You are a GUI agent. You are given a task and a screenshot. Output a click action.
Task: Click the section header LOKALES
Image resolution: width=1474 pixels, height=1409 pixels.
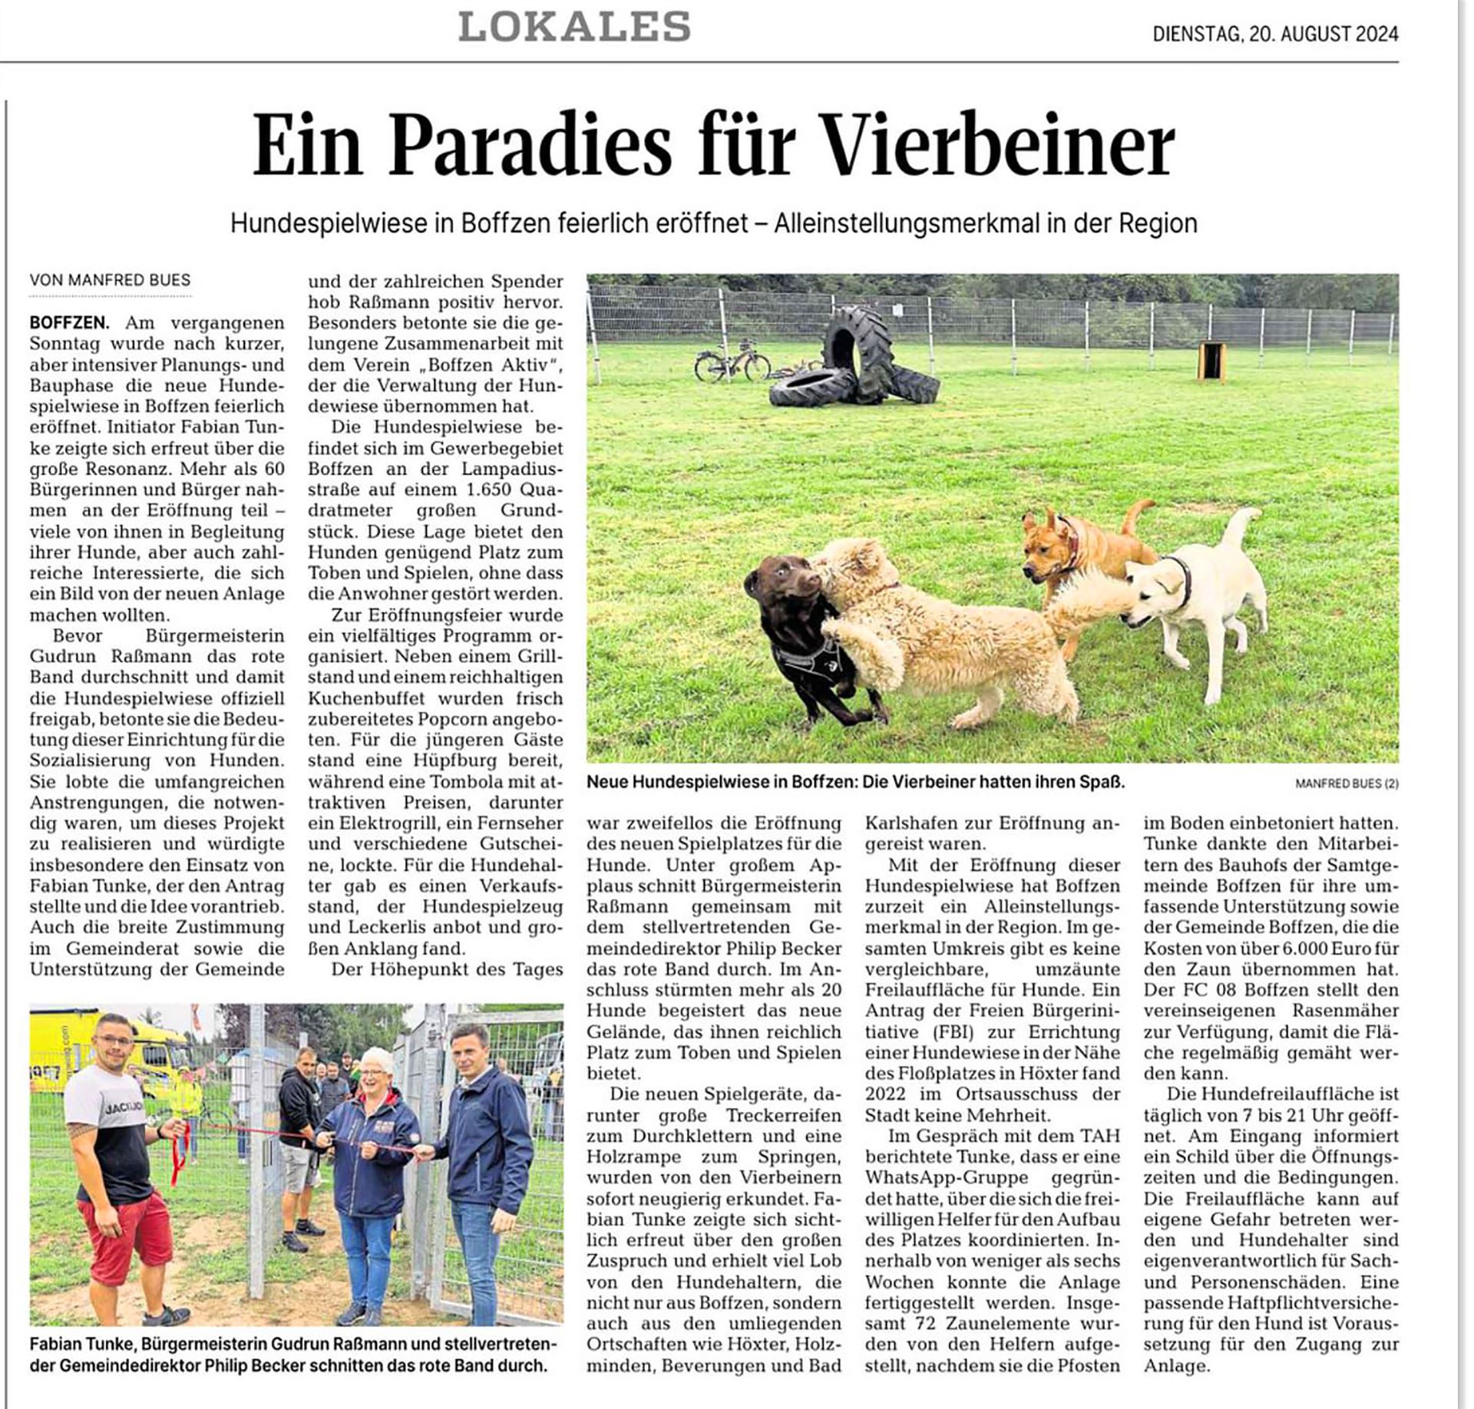[x=574, y=28]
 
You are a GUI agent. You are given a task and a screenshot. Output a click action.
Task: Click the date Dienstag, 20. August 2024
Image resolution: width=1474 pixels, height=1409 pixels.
[x=1274, y=34]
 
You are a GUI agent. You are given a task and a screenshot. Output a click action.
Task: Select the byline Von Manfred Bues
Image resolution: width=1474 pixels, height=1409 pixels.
[x=110, y=281]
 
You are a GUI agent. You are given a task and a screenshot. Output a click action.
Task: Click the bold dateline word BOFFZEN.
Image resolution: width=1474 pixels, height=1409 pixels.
[x=69, y=323]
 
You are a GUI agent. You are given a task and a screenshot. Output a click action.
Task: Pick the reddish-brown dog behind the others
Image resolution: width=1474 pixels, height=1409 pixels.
[x=1082, y=545]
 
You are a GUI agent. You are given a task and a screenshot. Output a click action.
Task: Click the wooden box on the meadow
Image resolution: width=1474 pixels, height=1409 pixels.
[x=1211, y=360]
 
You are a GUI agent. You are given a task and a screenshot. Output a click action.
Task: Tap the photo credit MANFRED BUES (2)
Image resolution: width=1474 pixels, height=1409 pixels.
[x=1347, y=784]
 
